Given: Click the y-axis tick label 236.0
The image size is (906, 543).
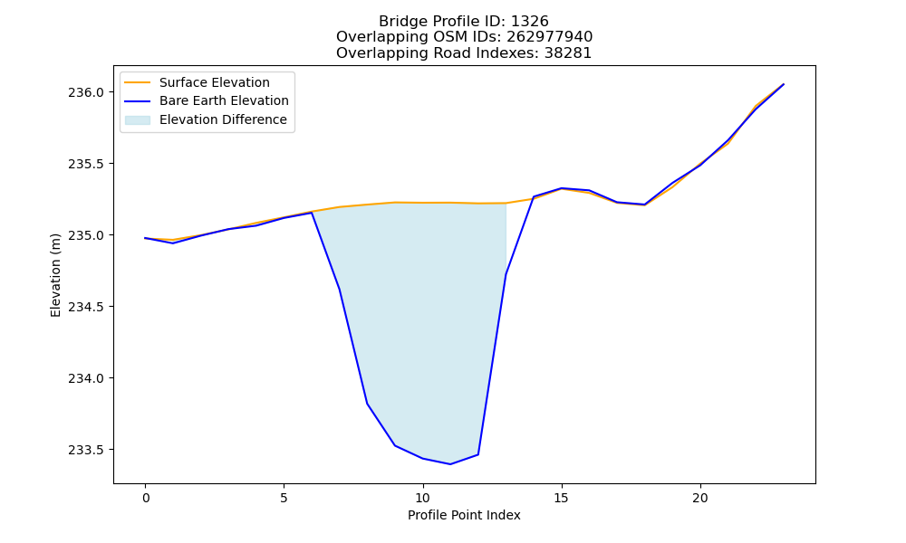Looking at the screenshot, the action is (x=85, y=92).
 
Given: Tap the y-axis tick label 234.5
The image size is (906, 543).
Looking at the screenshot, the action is (x=85, y=307).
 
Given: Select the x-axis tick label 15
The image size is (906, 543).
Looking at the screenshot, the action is (x=561, y=498).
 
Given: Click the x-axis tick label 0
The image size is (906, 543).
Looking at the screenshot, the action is (x=146, y=498).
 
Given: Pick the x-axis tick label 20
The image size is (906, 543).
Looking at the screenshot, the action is (x=699, y=498).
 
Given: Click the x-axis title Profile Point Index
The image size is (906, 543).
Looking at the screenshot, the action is (x=464, y=515).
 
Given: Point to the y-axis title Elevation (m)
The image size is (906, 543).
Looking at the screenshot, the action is (x=55, y=275).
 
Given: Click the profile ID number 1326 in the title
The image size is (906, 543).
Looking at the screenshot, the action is (x=530, y=22).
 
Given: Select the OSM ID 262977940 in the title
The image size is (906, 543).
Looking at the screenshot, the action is (x=550, y=37).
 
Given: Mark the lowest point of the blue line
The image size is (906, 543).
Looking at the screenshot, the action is (x=450, y=464).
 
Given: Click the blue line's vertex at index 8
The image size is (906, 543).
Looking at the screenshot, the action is (x=367, y=404).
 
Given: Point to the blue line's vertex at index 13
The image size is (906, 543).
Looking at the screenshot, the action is (x=506, y=275).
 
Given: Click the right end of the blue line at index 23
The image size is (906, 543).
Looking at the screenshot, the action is (x=784, y=84).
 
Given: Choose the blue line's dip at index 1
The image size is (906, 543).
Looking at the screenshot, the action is (x=173, y=243).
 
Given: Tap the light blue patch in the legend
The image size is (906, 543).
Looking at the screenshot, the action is (x=138, y=120).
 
